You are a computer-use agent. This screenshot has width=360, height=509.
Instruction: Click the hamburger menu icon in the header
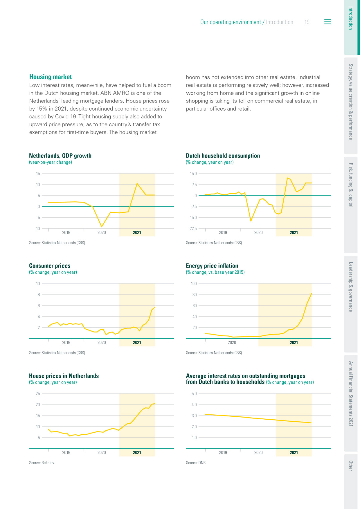pos(327,22)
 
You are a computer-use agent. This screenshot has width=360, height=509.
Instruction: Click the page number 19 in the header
pos(307,22)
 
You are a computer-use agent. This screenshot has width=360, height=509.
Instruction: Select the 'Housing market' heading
pos(51,77)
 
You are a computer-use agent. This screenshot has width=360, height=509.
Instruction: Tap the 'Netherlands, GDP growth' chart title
pos(60,156)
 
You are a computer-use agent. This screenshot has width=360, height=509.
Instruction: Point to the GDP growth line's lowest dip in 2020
pos(102,227)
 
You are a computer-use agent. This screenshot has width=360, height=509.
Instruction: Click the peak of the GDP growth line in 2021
pos(137,183)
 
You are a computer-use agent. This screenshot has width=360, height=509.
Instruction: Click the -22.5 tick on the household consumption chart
pos(192,229)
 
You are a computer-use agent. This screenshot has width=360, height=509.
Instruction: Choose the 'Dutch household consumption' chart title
pos(223,156)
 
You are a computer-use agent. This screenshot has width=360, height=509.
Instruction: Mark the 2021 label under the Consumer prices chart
pos(137,342)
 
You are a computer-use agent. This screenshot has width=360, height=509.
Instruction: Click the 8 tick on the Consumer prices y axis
pos(39,295)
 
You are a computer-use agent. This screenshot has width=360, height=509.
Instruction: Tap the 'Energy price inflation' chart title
pos(212,266)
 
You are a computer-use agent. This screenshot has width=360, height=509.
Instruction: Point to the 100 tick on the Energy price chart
pos(194,284)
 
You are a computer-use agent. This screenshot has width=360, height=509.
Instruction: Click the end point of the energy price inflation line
pos(312,293)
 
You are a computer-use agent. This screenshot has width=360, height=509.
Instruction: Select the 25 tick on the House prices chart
pos(38,394)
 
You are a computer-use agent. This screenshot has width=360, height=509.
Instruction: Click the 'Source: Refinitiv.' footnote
pos(42,463)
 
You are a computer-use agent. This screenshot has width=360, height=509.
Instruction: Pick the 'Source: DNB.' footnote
pos(196,463)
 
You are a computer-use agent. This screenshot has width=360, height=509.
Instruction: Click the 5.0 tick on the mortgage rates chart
pos(194,394)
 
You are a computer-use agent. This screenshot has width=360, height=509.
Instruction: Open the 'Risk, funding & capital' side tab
pos(351,185)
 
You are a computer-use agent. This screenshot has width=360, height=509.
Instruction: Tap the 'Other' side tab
pos(351,465)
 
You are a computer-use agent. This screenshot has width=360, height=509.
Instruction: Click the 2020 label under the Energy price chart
pos(232,342)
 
